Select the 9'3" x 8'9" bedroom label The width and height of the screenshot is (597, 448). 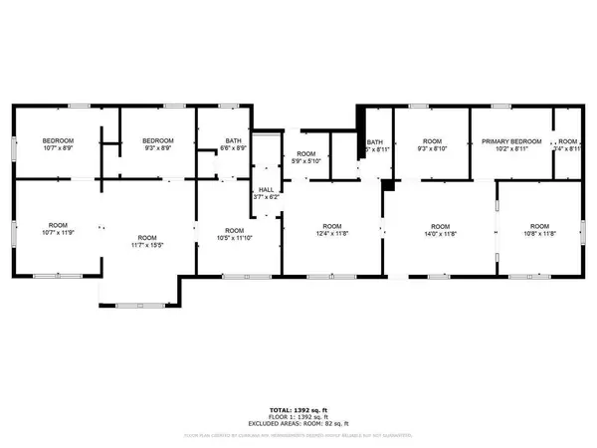[158, 145]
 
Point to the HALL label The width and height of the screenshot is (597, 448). [266, 193]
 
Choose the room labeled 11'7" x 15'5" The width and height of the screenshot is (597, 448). [147, 241]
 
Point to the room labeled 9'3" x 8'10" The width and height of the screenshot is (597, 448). [432, 145]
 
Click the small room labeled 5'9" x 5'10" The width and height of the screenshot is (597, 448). [305, 157]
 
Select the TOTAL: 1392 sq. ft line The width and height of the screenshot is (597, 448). [298, 408]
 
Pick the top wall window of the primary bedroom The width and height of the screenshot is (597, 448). [502, 106]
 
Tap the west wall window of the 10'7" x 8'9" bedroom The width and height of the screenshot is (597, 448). [13, 146]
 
